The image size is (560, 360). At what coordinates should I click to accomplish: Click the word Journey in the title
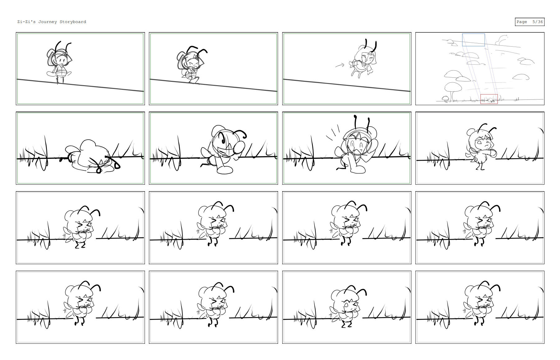[x=48, y=22]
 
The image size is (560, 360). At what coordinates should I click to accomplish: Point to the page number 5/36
[x=538, y=22]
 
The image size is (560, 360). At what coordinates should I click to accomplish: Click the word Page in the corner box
[x=522, y=22]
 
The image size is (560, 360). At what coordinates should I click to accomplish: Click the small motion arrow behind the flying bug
[x=340, y=65]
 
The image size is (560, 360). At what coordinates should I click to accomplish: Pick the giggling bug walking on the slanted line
[x=191, y=65]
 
